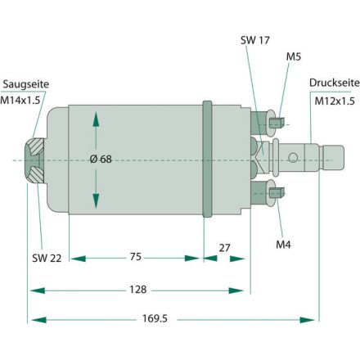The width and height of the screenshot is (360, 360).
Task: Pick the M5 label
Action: click(294, 56)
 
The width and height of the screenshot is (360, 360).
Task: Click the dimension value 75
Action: click(135, 256)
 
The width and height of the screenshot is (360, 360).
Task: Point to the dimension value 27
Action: click(226, 245)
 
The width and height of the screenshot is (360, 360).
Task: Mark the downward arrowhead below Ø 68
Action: click(97, 202)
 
